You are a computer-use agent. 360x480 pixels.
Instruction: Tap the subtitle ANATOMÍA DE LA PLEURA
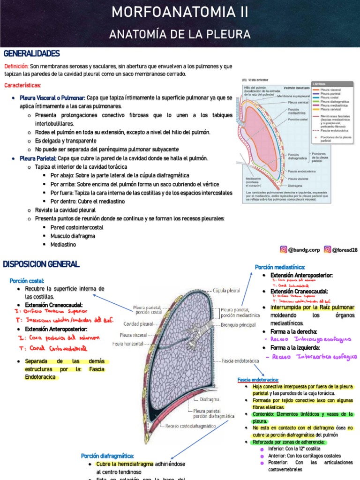(x=180, y=34)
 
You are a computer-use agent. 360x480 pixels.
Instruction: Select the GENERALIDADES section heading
(x=31, y=54)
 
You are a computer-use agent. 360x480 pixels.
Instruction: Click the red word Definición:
(x=16, y=67)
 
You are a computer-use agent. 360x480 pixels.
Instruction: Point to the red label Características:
(x=22, y=85)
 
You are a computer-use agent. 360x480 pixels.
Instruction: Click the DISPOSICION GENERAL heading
(x=41, y=264)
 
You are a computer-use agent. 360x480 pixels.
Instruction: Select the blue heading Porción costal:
(x=27, y=280)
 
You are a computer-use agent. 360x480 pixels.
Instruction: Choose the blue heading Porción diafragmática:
(x=107, y=456)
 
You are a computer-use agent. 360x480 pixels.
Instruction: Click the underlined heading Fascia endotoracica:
(x=258, y=379)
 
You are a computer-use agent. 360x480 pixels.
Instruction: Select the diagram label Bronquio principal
(x=238, y=324)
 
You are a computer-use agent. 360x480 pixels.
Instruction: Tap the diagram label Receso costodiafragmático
(x=190, y=426)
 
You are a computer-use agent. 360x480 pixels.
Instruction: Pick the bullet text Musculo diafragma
(x=73, y=236)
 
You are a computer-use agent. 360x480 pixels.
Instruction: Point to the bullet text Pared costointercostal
(x=76, y=227)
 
